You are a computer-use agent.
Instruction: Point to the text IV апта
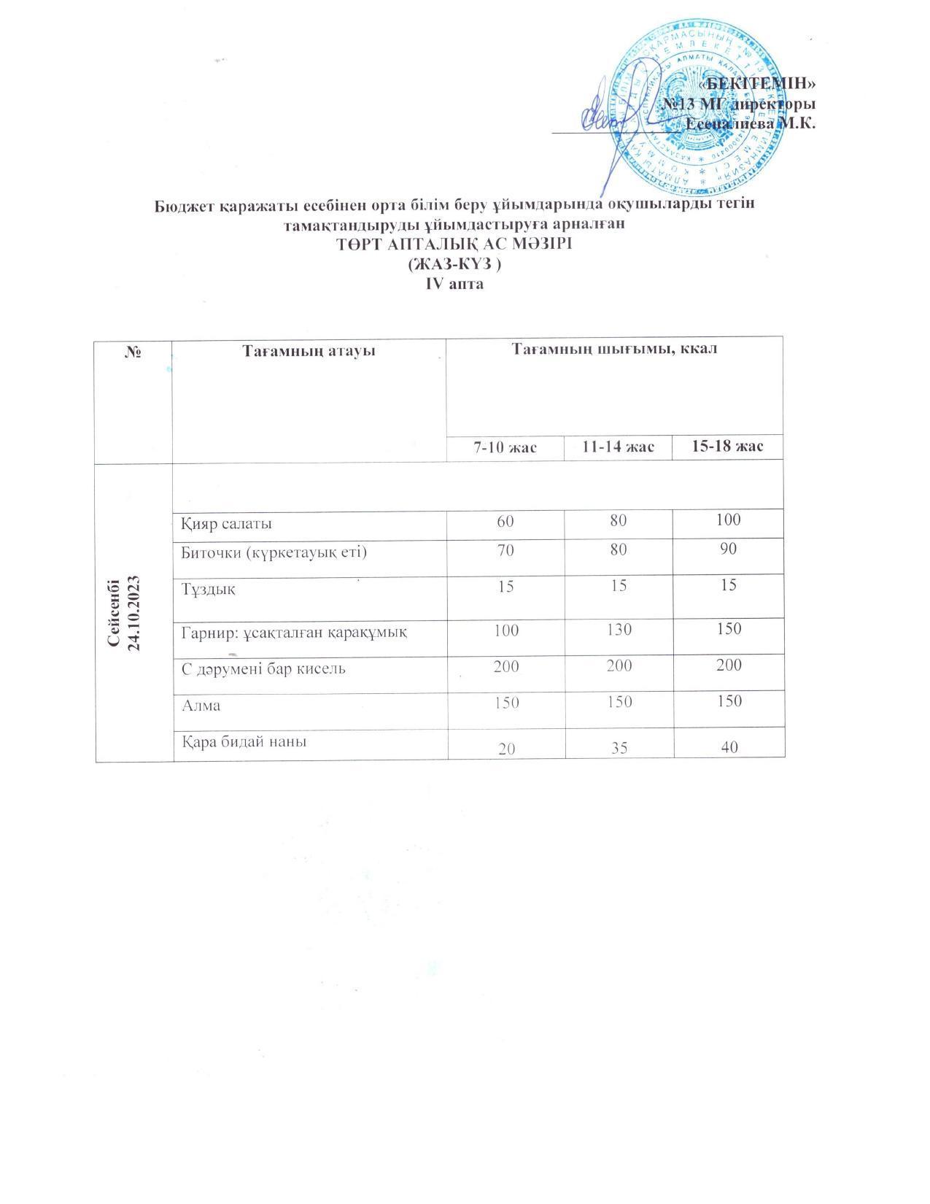click(x=454, y=284)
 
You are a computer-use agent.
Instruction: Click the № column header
click(x=133, y=352)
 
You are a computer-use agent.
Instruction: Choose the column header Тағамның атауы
click(x=309, y=351)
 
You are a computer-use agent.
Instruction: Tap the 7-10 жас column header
click(x=505, y=447)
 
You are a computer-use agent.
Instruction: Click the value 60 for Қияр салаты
click(x=505, y=520)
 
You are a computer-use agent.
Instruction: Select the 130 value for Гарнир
click(x=619, y=629)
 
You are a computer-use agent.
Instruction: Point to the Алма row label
click(x=201, y=706)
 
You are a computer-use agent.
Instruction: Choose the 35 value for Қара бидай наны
click(x=619, y=747)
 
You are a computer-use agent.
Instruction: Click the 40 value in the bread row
click(x=727, y=747)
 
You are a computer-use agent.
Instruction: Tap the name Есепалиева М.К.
click(x=751, y=123)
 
